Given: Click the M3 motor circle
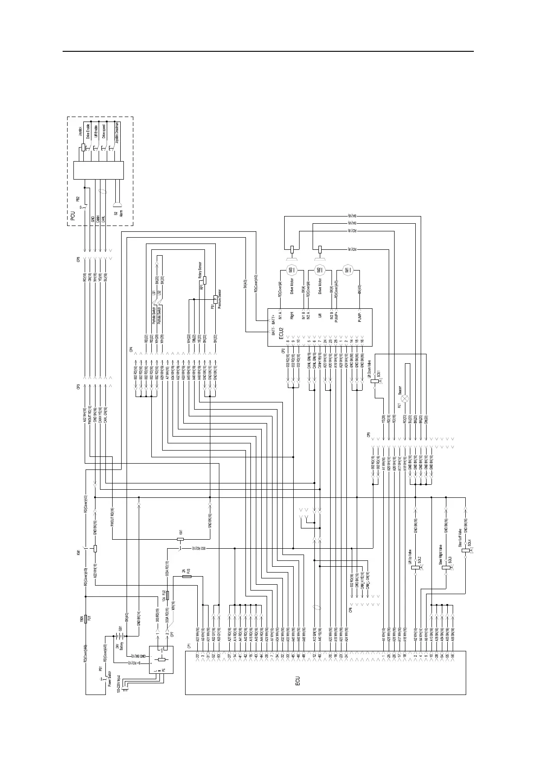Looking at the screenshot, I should tap(291, 270).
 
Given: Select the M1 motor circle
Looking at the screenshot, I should tap(347, 270).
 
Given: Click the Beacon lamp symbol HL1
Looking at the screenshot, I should tap(404, 398).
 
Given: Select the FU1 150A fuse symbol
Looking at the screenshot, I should tap(86, 620).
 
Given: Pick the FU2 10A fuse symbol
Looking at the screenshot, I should tap(168, 596).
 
